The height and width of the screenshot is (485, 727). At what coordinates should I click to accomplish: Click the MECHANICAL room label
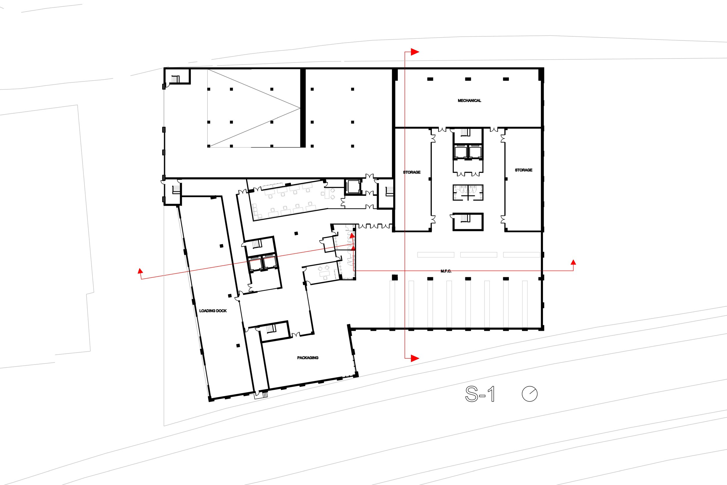469,101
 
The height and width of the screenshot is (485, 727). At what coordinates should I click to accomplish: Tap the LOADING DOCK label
213,310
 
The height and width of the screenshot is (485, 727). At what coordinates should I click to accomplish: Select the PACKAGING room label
308,358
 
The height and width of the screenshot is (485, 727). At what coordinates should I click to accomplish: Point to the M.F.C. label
446,271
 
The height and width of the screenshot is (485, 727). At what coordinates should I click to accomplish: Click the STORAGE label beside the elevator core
412,172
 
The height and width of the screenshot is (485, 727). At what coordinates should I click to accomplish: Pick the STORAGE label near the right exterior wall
523,170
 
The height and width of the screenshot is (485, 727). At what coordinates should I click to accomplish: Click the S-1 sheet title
480,394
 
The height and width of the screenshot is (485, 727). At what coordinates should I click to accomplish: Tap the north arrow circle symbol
530,394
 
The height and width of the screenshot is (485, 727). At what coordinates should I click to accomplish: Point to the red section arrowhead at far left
140,271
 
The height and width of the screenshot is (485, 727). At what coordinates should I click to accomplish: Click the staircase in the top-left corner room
176,79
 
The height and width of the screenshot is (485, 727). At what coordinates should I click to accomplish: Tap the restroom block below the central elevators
468,192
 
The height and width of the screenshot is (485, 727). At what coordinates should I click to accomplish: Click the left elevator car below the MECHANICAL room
461,152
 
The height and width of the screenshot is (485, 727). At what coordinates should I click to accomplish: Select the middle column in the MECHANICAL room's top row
468,79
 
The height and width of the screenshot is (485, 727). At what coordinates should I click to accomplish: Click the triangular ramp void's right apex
300,108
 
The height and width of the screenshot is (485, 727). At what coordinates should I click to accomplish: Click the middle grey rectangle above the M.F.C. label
478,255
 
